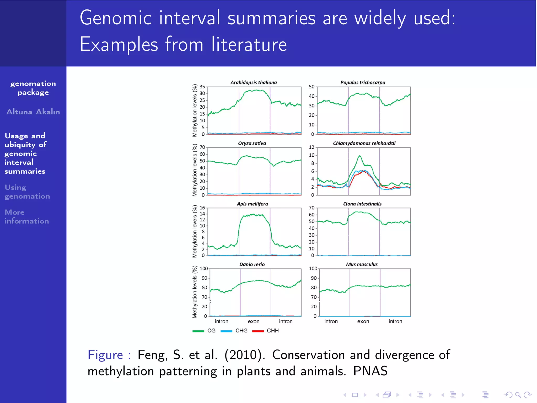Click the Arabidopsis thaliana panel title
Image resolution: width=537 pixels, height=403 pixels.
[253, 82]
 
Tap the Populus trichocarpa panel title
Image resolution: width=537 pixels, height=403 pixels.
[363, 82]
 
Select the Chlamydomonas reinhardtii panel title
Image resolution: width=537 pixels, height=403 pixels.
[364, 143]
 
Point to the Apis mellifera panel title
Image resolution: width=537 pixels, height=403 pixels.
[252, 204]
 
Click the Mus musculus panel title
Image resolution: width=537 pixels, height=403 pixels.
[362, 264]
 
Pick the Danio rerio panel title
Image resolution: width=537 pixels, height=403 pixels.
[252, 264]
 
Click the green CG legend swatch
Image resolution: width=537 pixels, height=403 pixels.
[198, 331]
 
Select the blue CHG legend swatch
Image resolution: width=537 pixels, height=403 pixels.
[226, 331]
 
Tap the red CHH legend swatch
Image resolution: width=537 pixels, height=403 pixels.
[258, 331]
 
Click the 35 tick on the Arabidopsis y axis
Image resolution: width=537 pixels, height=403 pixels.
[202, 87]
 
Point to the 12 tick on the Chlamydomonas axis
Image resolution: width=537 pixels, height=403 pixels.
[311, 147]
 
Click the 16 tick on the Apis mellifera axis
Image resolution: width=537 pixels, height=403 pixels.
[202, 208]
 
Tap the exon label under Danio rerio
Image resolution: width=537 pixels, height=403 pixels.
[253, 321]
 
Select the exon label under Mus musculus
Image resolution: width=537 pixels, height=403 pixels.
[363, 321]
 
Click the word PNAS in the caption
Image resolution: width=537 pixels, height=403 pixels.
[370, 371]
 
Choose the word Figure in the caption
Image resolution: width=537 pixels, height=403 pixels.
[105, 355]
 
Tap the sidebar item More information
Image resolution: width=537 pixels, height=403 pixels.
[26, 216]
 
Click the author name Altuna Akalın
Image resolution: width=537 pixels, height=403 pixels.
[33, 112]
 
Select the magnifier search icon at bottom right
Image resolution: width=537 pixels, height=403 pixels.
[518, 395]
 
